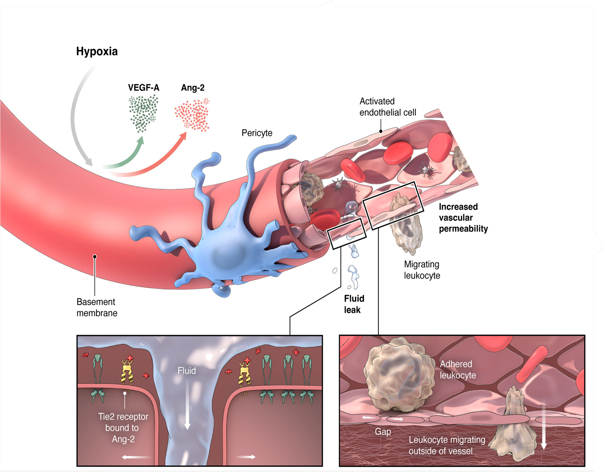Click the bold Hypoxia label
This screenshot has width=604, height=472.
pos(97,52)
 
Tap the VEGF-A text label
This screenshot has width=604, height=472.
pos(144,88)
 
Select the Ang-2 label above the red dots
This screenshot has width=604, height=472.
pos(193,88)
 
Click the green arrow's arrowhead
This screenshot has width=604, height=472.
pos(141,141)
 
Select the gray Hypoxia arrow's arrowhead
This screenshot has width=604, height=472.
pos(89,162)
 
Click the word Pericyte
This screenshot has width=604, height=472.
pos(257,133)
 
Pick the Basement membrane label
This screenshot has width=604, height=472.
pos(97,307)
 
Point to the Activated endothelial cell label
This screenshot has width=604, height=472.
pos(388,107)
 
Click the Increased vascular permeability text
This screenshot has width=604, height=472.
pos(463,218)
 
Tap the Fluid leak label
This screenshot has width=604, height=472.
pos(354,304)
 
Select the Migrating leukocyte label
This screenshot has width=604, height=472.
pos(422,270)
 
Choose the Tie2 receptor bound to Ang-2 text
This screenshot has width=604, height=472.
pos(123,428)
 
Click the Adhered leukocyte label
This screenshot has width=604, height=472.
pos(458,370)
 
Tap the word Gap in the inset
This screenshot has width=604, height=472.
pos(383,432)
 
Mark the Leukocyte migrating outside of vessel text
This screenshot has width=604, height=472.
pos(447,446)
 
